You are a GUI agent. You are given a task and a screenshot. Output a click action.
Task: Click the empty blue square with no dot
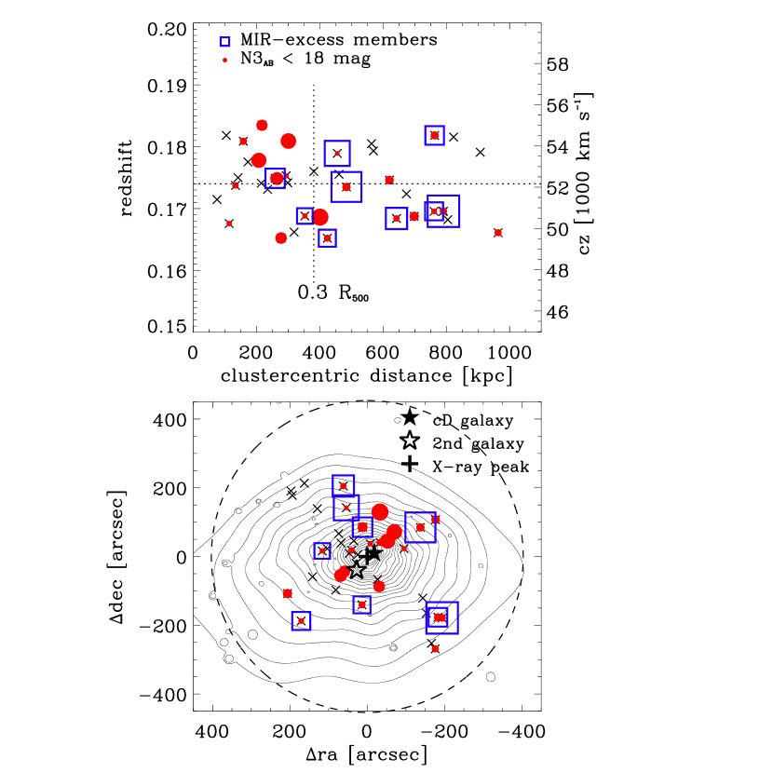(x=224, y=42)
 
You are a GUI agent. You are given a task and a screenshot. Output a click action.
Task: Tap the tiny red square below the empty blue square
(x=224, y=61)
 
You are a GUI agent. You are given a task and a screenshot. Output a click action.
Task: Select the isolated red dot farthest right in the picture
(x=498, y=233)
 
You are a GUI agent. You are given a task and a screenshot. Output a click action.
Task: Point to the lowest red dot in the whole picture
(x=435, y=649)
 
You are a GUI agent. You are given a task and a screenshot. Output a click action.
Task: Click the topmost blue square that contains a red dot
(x=434, y=135)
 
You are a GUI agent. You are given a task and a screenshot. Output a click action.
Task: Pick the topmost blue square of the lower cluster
(x=344, y=485)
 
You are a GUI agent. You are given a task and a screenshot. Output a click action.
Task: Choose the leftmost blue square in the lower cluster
(x=301, y=621)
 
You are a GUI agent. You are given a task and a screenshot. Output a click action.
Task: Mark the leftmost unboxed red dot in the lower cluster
(x=288, y=593)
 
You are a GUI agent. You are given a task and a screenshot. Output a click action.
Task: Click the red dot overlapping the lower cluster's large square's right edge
(x=436, y=519)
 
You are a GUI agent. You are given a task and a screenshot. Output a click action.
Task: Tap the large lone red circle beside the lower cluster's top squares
(x=380, y=511)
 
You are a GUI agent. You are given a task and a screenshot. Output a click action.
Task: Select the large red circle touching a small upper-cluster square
(x=320, y=217)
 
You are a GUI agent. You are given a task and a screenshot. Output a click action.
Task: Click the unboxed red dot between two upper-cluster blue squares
(x=414, y=216)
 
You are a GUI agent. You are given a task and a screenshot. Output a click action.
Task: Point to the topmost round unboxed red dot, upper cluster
(x=262, y=125)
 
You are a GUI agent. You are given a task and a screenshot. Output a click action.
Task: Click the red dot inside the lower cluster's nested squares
(x=438, y=617)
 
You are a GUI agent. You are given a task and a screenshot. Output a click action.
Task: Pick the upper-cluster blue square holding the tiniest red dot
(x=337, y=154)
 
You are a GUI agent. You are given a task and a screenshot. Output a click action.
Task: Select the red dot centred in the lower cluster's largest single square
(x=420, y=527)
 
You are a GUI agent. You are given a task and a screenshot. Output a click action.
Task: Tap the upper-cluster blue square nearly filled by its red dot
(x=276, y=178)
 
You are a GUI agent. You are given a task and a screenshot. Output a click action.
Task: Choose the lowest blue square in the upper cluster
(x=327, y=237)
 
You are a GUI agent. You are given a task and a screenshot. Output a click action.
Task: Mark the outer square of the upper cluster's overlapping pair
(x=444, y=210)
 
